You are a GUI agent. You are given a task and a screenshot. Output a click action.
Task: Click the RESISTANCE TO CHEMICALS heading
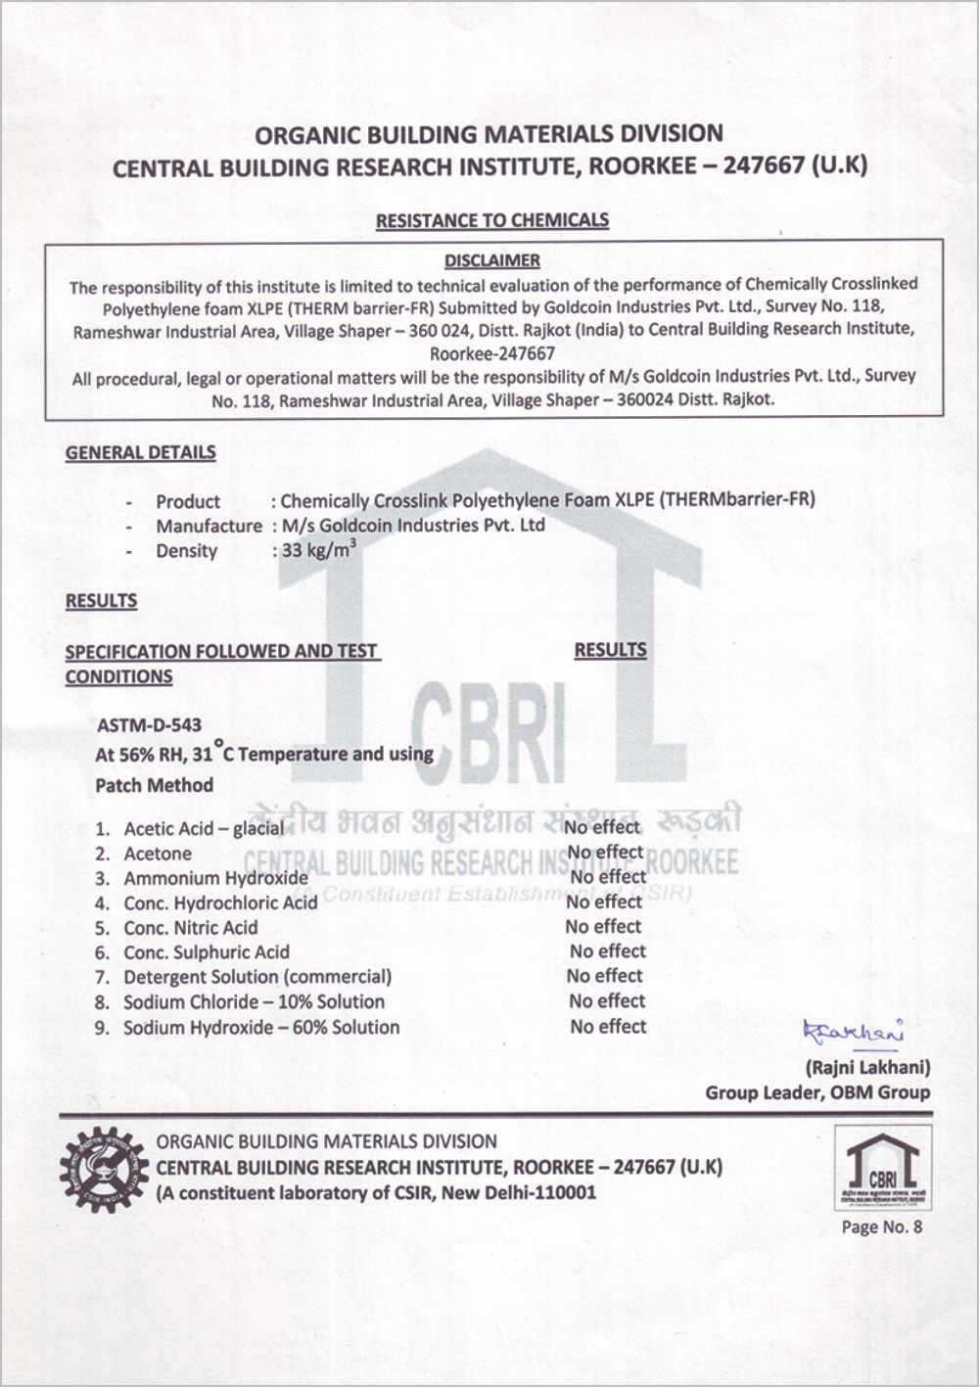[492, 220]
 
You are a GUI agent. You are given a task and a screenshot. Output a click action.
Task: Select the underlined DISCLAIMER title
[492, 260]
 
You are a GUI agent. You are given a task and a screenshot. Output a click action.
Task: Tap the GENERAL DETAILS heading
[141, 452]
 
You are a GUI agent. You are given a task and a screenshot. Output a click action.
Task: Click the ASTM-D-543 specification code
[150, 725]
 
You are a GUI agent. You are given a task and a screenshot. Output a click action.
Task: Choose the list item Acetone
[157, 854]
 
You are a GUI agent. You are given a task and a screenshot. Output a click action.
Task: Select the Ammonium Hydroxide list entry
[215, 878]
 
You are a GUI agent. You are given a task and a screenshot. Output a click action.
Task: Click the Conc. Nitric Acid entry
[190, 927]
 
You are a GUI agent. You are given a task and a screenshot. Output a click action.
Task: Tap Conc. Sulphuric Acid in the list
[206, 951]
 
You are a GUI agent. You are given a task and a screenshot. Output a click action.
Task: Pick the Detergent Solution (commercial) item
[256, 976]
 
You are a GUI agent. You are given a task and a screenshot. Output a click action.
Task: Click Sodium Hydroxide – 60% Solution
[260, 1027]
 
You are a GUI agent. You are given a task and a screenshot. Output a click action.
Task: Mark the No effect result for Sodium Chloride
[607, 1000]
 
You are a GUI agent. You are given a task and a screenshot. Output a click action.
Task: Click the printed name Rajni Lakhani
[866, 1067]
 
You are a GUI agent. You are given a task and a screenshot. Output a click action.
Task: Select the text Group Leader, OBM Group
[817, 1092]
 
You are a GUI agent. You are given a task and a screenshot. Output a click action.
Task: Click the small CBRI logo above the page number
[882, 1167]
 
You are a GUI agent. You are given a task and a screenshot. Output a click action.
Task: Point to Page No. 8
[881, 1226]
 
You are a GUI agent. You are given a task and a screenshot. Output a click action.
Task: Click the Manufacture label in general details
[209, 526]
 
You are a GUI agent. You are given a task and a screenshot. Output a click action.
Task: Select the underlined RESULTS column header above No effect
[610, 650]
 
